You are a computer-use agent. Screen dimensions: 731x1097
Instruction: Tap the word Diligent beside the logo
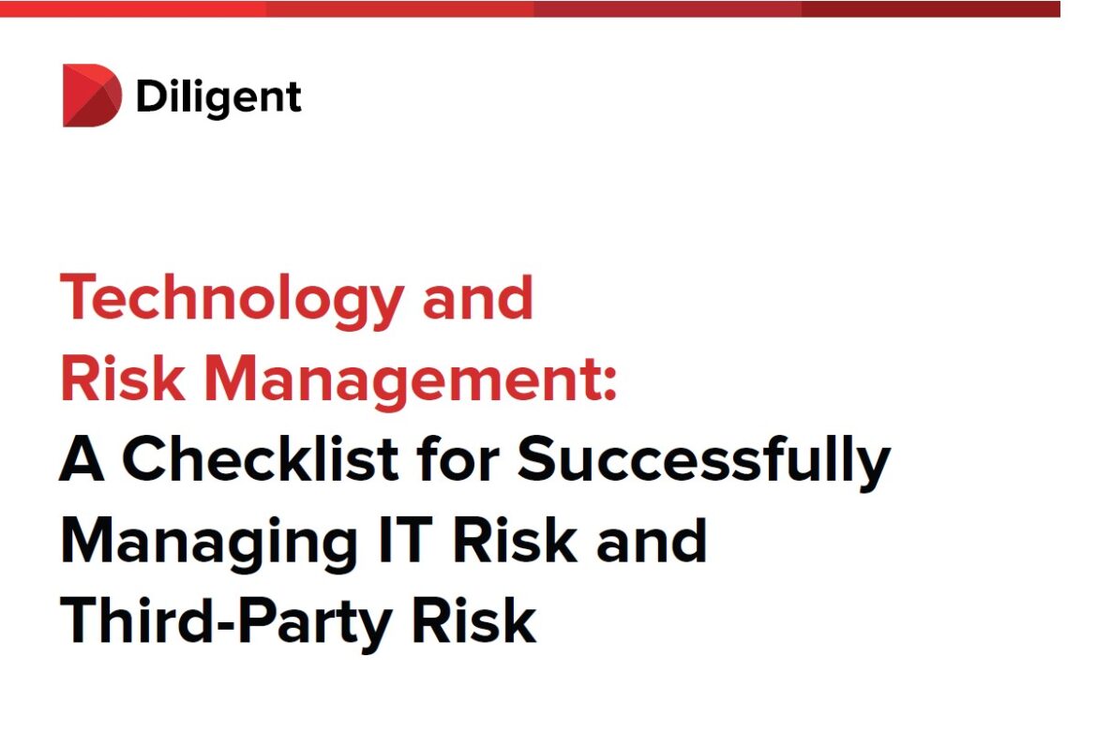tap(218, 97)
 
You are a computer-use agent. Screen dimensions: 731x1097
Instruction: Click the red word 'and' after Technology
tap(477, 298)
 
